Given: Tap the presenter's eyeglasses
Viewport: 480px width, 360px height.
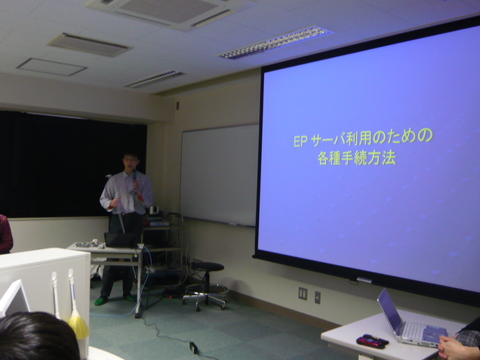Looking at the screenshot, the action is (130, 159).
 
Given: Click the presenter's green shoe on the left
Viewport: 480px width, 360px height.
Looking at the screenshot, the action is (101, 301).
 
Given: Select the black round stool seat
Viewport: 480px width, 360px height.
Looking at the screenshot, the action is (207, 266).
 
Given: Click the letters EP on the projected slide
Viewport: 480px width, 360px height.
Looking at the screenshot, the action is (300, 141).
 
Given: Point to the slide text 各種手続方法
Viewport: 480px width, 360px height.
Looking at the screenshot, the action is (357, 158).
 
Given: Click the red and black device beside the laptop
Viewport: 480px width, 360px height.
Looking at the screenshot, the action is (372, 341).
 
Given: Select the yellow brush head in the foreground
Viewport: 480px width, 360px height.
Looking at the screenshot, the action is (78, 327).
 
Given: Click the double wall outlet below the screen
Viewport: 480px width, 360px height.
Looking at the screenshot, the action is (303, 294).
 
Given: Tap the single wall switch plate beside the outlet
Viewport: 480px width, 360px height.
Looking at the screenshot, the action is (317, 297).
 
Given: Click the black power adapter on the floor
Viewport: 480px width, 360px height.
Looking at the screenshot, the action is (194, 348).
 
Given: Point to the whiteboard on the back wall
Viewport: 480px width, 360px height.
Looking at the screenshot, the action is (219, 175).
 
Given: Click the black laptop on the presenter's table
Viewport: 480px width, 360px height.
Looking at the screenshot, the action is (120, 240).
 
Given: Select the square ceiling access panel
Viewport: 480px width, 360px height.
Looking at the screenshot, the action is (52, 67).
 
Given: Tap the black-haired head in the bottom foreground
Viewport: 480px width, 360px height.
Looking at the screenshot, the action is (38, 336).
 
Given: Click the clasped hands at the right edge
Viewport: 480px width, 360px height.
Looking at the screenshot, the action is (453, 348).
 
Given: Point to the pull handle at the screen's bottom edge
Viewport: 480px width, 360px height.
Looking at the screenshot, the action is (364, 280).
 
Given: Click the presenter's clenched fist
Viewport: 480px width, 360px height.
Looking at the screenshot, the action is (115, 202).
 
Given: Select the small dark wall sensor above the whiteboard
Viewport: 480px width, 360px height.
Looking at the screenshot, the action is (178, 106).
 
